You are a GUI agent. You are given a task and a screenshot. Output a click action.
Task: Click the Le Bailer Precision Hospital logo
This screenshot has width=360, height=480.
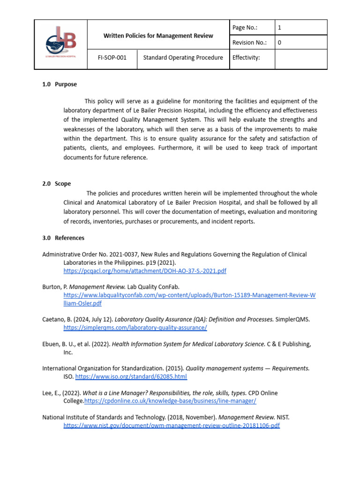(61, 45)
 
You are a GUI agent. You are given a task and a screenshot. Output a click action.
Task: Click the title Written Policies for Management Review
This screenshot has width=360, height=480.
(158, 36)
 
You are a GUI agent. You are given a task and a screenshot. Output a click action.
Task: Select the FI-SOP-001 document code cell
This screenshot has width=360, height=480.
(112, 58)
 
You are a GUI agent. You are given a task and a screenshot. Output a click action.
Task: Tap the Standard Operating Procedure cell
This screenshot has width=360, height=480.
(183, 58)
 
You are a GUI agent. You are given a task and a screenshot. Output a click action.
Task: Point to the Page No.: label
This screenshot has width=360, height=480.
(245, 28)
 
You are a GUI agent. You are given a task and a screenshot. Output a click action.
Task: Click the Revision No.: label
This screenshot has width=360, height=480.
(249, 43)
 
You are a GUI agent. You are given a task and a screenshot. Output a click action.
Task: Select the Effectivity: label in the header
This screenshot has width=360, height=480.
(246, 58)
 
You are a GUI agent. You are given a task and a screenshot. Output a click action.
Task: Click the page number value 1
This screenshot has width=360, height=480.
(280, 28)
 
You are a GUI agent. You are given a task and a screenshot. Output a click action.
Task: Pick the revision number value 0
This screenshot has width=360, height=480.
(280, 43)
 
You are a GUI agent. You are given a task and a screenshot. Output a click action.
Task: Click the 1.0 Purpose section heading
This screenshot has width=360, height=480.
(60, 84)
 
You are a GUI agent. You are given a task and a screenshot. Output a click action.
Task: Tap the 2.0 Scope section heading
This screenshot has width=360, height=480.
(57, 184)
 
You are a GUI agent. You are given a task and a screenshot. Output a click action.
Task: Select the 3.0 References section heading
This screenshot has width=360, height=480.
(63, 238)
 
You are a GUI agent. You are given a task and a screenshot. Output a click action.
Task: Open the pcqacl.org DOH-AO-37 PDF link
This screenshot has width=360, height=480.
(145, 271)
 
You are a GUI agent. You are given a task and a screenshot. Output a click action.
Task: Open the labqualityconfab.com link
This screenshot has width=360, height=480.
(189, 296)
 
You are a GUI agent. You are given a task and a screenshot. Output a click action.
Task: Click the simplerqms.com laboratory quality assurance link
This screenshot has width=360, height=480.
(135, 328)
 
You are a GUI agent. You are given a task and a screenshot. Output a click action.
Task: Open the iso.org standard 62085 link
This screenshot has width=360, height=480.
(131, 376)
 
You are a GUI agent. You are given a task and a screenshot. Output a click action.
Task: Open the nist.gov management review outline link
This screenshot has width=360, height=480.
(172, 426)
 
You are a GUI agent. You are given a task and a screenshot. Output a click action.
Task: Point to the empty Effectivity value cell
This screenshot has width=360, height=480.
(300, 58)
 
